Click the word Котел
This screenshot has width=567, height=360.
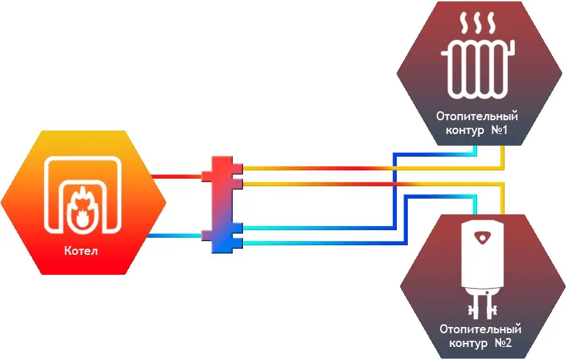click(x=83, y=251)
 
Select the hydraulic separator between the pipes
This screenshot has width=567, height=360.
click(x=222, y=205)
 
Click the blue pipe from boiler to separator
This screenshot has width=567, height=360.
click(x=175, y=236)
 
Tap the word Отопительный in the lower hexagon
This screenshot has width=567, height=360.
click(x=481, y=328)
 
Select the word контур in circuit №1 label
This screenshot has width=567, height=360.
click(x=459, y=130)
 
